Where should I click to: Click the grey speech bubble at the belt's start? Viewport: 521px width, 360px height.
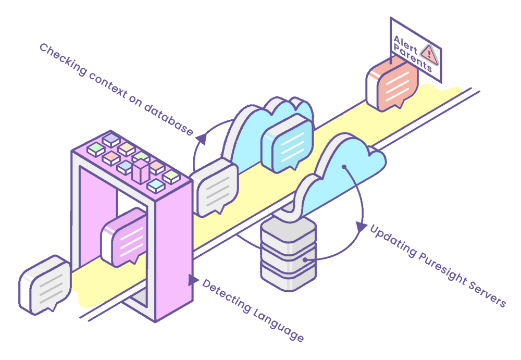pyautogui.click(x=44, y=284)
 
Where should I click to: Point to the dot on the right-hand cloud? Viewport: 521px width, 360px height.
pyautogui.click(x=344, y=167)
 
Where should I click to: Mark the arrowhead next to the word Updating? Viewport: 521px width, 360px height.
pyautogui.click(x=360, y=227)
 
